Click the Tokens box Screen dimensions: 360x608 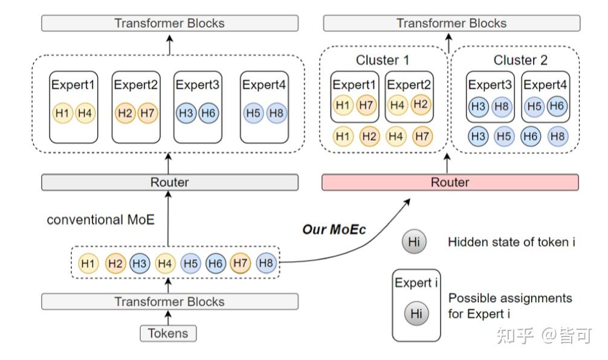click(x=169, y=333)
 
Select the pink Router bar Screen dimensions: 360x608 click(x=450, y=182)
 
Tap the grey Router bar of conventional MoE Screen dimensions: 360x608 click(x=169, y=182)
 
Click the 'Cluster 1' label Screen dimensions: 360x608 click(x=382, y=60)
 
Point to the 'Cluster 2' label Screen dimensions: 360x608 click(x=520, y=60)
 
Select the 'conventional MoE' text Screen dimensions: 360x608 click(x=100, y=220)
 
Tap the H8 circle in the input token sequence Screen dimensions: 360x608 click(x=266, y=263)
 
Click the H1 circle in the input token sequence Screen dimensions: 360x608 click(x=88, y=263)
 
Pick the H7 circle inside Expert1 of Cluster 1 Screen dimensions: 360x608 click(x=366, y=105)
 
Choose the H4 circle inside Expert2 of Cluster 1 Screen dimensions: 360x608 click(x=398, y=105)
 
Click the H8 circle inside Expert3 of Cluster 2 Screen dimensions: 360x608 click(x=500, y=106)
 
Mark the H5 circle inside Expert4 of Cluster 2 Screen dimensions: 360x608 click(x=534, y=106)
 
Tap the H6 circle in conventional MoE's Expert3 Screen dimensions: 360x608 click(x=209, y=113)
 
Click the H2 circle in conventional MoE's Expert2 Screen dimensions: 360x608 click(x=125, y=113)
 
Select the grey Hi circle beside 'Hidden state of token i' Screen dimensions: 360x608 click(x=414, y=242)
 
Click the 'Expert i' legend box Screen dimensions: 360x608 click(x=416, y=307)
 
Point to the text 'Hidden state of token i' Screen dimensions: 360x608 click(x=511, y=242)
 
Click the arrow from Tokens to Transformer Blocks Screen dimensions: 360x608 click(x=169, y=317)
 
